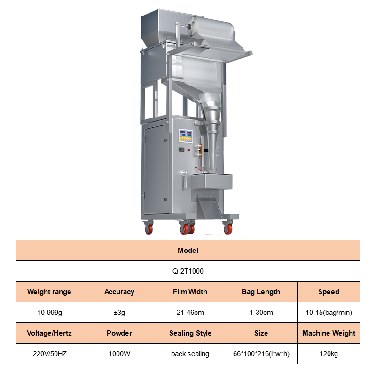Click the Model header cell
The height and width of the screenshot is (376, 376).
tap(188, 251)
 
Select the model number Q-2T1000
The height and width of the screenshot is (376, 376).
tap(188, 271)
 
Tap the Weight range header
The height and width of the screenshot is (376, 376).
tap(49, 291)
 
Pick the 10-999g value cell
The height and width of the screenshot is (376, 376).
tap(49, 313)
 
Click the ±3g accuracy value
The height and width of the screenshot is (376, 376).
tap(119, 313)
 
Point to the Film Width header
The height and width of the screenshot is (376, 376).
tap(190, 291)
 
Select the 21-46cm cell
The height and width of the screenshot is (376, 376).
tap(190, 313)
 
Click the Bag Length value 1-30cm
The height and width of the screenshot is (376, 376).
tap(261, 313)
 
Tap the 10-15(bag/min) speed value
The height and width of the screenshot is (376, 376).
tap(329, 313)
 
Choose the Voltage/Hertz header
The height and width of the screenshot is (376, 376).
tap(49, 333)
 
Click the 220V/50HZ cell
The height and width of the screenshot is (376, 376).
tap(49, 354)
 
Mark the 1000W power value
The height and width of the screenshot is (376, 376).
tap(119, 354)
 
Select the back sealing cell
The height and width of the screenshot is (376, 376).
tap(190, 354)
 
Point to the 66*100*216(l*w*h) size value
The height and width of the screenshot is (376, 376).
tap(261, 354)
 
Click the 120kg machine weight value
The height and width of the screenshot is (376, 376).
tap(329, 354)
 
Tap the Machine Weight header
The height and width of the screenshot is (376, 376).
tap(329, 333)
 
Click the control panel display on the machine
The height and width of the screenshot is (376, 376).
tap(186, 136)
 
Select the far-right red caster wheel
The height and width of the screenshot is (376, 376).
tap(228, 229)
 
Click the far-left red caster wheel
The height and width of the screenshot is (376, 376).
tap(149, 229)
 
